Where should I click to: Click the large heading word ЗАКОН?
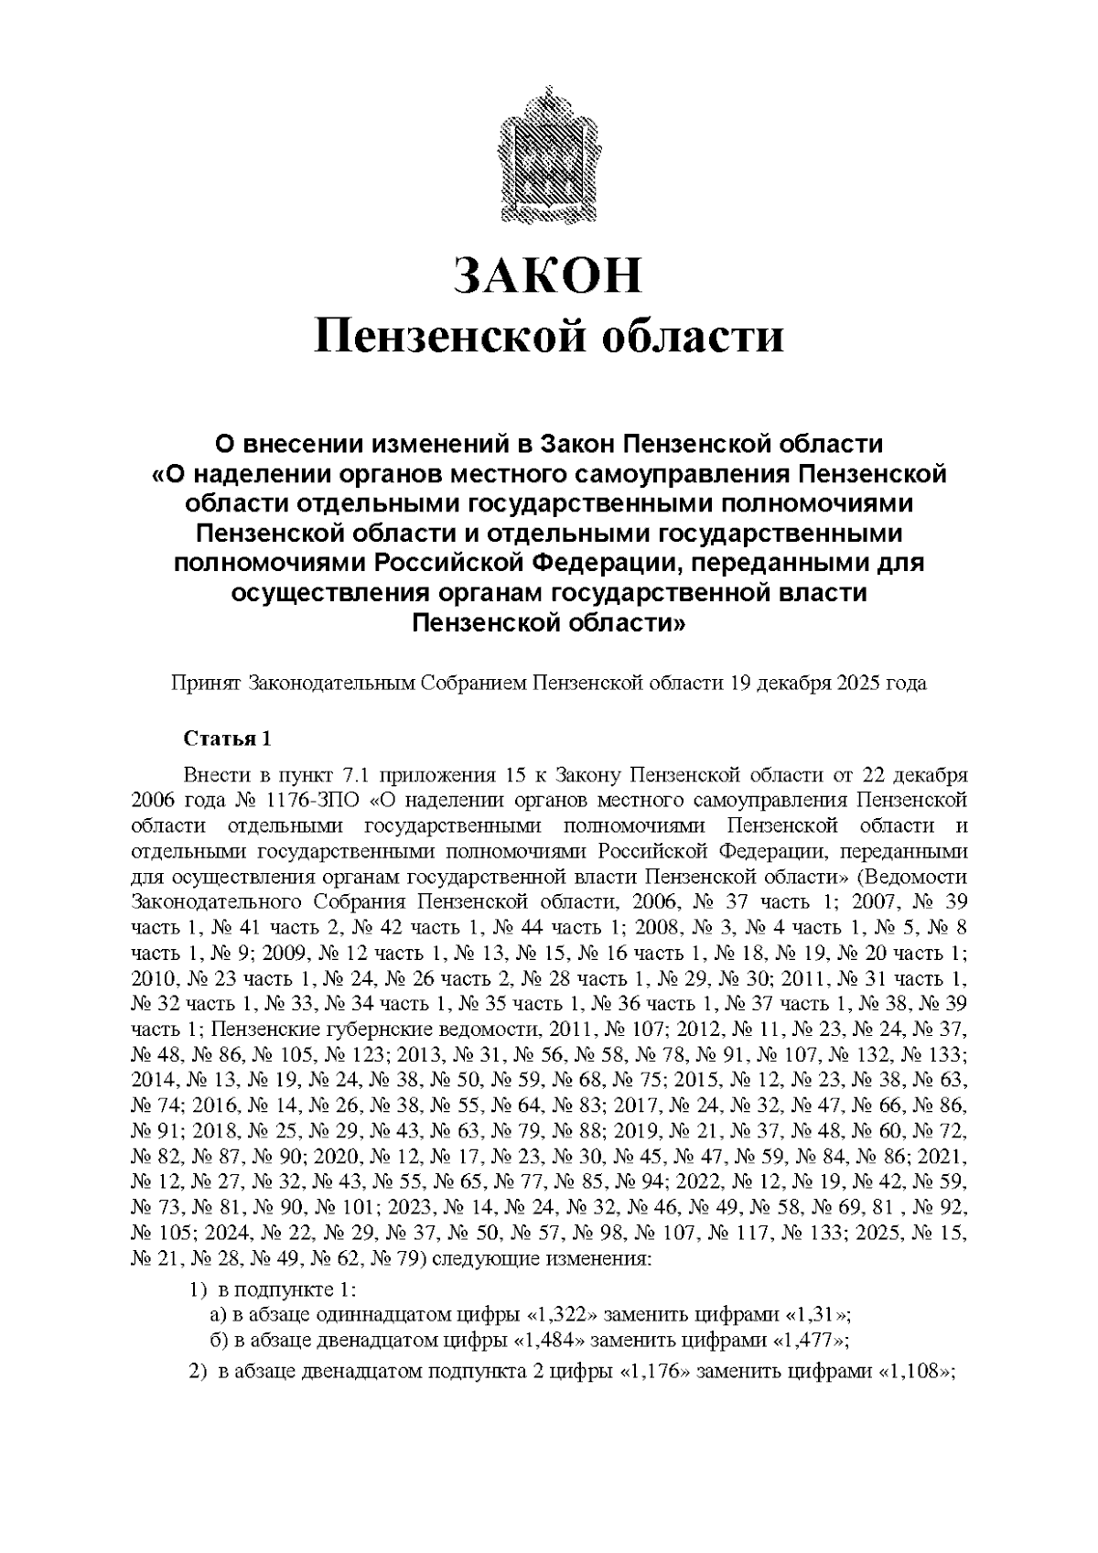click(549, 275)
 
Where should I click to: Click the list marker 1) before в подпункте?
click(199, 1290)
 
